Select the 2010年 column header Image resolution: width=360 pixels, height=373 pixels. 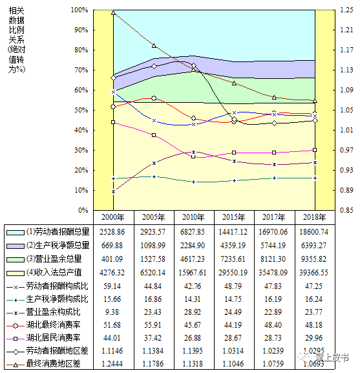[x=193, y=217]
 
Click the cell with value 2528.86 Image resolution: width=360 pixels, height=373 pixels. [x=112, y=230]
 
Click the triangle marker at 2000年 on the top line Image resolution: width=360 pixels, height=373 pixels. [x=114, y=12]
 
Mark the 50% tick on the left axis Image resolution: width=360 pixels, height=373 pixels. [x=81, y=111]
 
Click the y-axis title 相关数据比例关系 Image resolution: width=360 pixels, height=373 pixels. [x=16, y=39]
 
